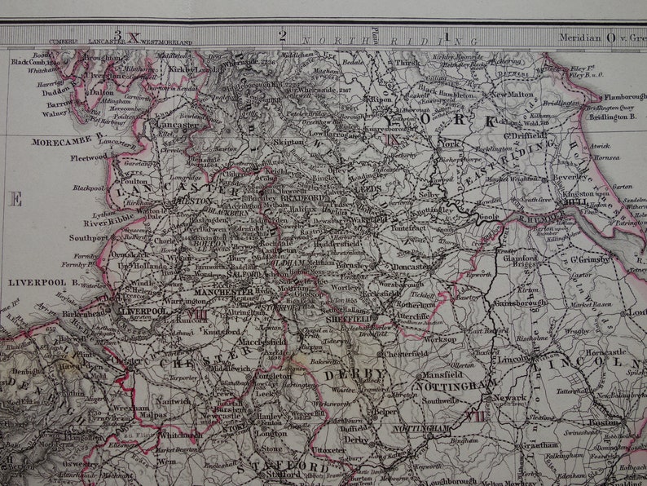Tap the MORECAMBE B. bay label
[x=68, y=141]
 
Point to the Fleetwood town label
[x=87, y=157]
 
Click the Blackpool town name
[x=88, y=188]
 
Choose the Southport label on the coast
[x=88, y=238]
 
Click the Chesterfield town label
[x=405, y=354]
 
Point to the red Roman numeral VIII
[x=198, y=314]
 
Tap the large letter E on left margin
[x=15, y=199]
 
